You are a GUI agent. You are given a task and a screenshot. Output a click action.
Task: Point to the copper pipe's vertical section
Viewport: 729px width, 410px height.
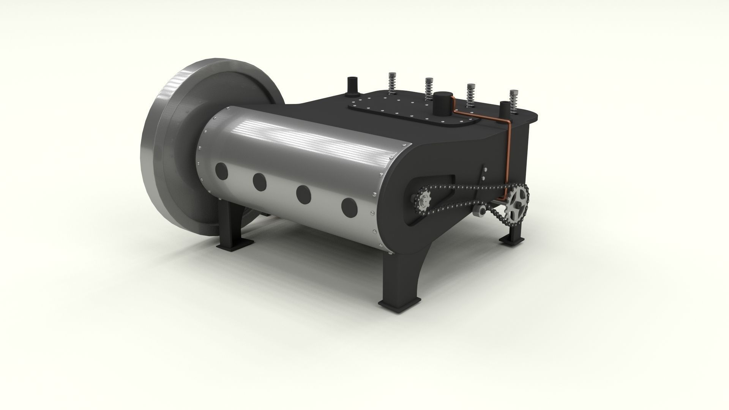pyautogui.click(x=509, y=152)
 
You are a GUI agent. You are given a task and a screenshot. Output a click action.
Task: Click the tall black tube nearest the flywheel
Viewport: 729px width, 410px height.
pyautogui.click(x=352, y=86)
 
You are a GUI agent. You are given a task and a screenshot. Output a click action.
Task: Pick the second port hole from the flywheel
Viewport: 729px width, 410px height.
pyautogui.click(x=260, y=182)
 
